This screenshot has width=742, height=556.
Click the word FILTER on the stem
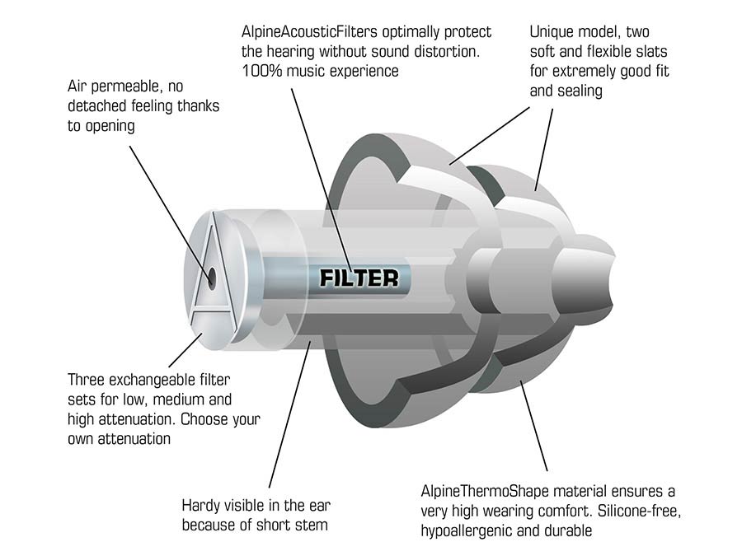point(359,278)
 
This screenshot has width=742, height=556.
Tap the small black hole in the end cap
point(212,277)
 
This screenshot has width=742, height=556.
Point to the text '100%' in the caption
point(260,71)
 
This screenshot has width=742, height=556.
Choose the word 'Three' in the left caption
point(87,381)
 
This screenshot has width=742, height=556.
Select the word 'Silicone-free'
point(633,512)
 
